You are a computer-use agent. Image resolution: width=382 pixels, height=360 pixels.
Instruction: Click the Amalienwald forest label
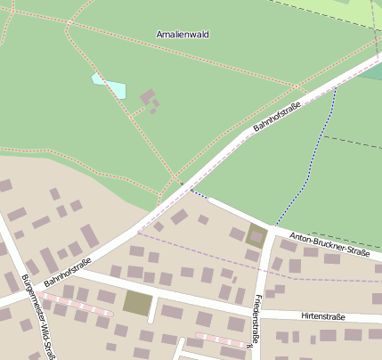point(183,34)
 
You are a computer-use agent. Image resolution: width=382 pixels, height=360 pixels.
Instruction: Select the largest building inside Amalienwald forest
point(148,96)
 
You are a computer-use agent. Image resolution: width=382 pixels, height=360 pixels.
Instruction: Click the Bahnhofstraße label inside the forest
point(277,117)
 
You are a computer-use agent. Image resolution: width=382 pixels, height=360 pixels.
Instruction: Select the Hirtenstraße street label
point(322,316)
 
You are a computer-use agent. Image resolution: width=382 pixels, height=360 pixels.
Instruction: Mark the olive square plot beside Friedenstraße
point(256,236)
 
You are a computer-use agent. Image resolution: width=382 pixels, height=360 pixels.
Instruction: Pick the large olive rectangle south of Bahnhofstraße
point(137,303)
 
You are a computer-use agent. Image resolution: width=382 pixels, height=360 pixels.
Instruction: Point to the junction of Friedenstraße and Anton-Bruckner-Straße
point(266,226)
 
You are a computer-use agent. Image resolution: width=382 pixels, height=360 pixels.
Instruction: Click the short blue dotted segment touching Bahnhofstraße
point(199,192)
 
